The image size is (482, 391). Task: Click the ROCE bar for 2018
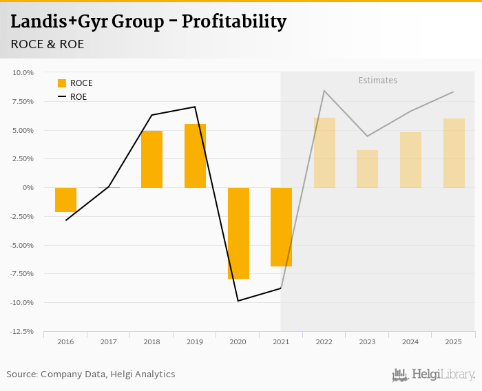pyautogui.click(x=151, y=159)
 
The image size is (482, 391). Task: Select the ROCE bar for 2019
pyautogui.click(x=195, y=156)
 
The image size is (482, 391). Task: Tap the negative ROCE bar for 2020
pyautogui.click(x=238, y=233)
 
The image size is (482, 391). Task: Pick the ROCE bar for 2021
pyautogui.click(x=281, y=227)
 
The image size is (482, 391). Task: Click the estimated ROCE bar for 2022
pyautogui.click(x=324, y=153)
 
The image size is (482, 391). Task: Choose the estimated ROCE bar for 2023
pyautogui.click(x=367, y=169)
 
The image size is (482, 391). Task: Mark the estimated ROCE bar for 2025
pyautogui.click(x=454, y=153)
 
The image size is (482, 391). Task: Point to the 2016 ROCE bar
pyautogui.click(x=65, y=200)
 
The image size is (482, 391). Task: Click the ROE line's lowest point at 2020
pyautogui.click(x=238, y=301)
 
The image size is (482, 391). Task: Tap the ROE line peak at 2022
pyautogui.click(x=324, y=91)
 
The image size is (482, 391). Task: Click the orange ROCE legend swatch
pyautogui.click(x=62, y=83)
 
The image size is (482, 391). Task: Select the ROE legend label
pyautogui.click(x=78, y=97)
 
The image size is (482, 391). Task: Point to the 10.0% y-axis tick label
pyautogui.click(x=23, y=72)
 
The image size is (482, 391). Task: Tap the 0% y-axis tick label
pyautogui.click(x=28, y=187)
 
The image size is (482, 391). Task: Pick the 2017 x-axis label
pyautogui.click(x=109, y=341)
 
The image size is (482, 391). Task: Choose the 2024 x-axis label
pyautogui.click(x=410, y=341)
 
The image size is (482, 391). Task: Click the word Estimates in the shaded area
pyautogui.click(x=377, y=81)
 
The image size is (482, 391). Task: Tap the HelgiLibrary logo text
pyautogui.click(x=443, y=374)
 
